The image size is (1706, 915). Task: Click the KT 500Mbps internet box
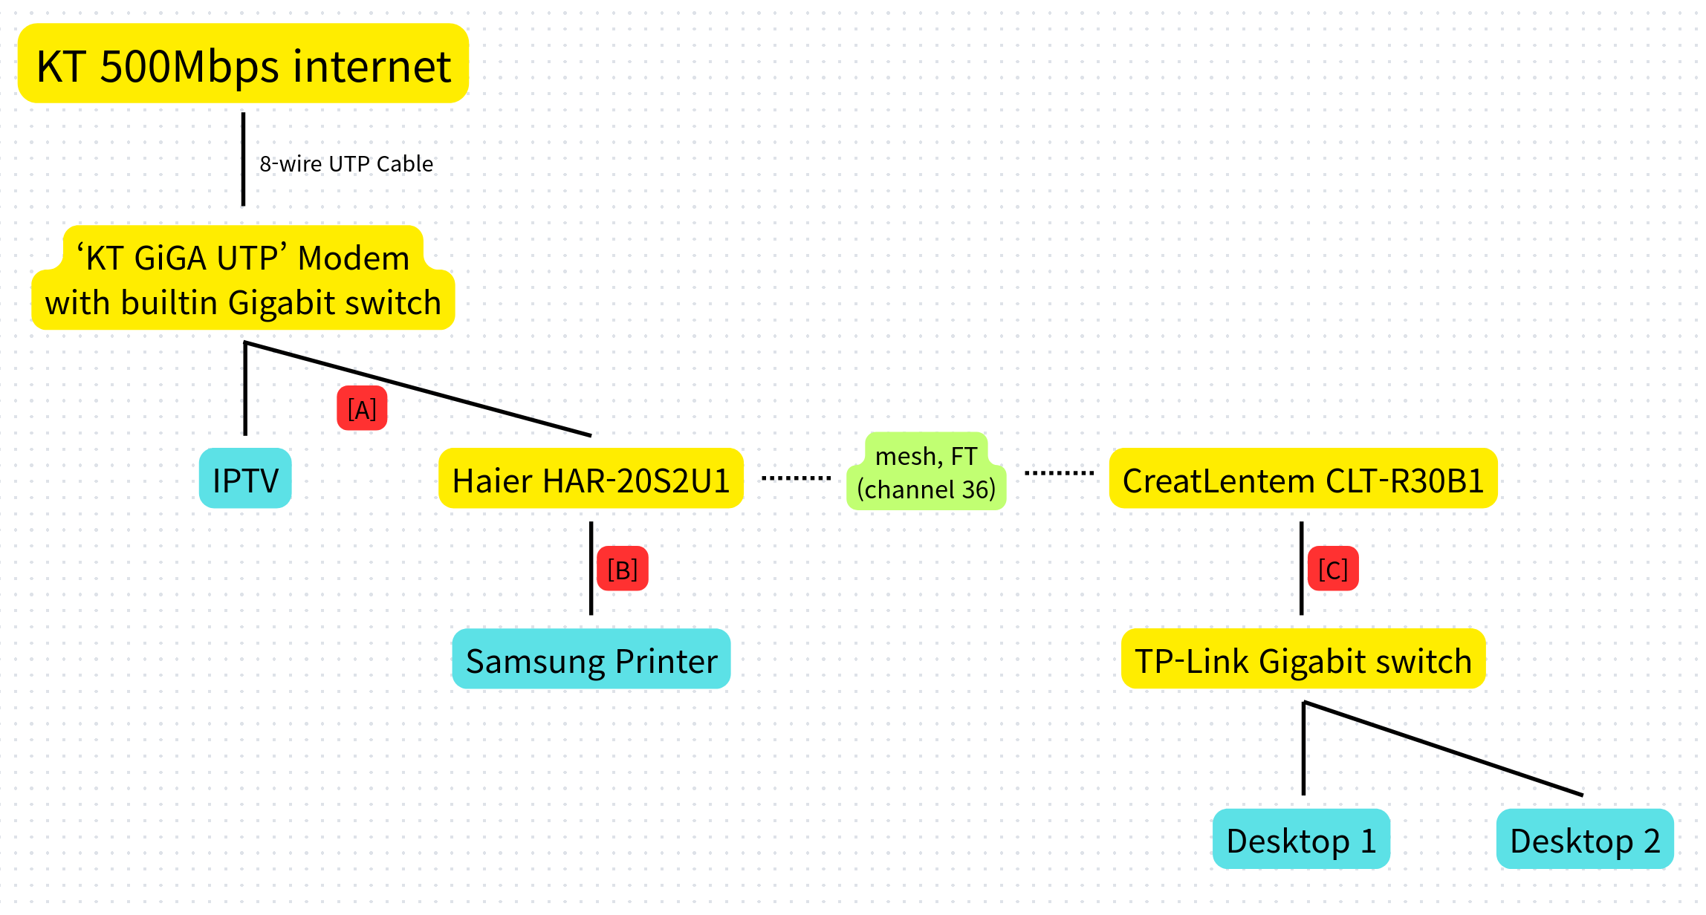[x=243, y=64]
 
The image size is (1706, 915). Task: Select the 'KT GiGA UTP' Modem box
[x=243, y=279]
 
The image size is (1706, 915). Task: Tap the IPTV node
[x=245, y=479]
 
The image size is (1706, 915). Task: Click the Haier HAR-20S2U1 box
[x=591, y=479]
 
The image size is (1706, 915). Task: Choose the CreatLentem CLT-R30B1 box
[x=1303, y=479]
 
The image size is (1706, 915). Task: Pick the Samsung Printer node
[x=591, y=660]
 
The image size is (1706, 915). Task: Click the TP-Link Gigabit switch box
[x=1303, y=660]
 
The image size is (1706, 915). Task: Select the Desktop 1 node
[x=1301, y=840]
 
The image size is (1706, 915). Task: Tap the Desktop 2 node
[x=1585, y=840]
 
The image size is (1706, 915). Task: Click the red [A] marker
[x=362, y=408]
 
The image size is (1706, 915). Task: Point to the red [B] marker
[x=623, y=569]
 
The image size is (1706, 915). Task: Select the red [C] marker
[x=1333, y=569]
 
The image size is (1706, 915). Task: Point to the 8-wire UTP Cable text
[x=346, y=163]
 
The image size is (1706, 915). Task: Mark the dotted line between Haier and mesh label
[x=796, y=478]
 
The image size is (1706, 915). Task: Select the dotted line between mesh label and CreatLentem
[x=1059, y=473]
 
